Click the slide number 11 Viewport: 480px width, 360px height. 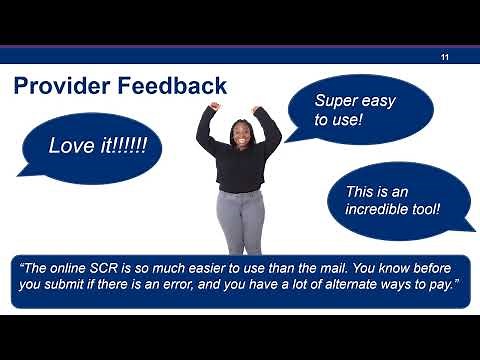pyautogui.click(x=445, y=57)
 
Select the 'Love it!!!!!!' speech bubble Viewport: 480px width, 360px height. pyautogui.click(x=97, y=146)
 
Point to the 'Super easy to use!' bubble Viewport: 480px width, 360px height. pyautogui.click(x=360, y=110)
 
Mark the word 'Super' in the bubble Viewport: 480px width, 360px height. pyautogui.click(x=336, y=101)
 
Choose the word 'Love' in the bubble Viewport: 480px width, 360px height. pyautogui.click(x=70, y=146)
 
